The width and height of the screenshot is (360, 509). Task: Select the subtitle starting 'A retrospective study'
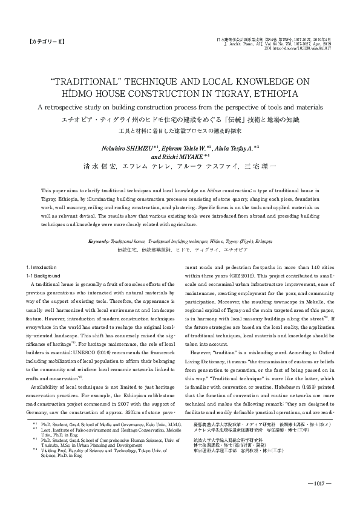tap(180, 107)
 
